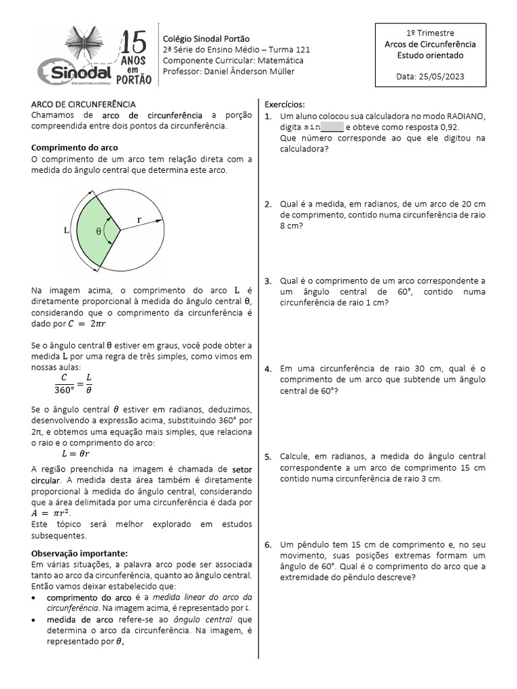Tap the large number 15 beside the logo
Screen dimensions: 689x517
135,42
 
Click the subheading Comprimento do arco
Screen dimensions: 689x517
75,147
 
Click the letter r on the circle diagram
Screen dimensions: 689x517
139,219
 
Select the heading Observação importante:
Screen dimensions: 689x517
79,552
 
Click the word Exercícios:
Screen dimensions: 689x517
285,105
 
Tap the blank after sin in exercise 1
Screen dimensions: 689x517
333,126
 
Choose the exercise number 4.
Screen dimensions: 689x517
268,369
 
